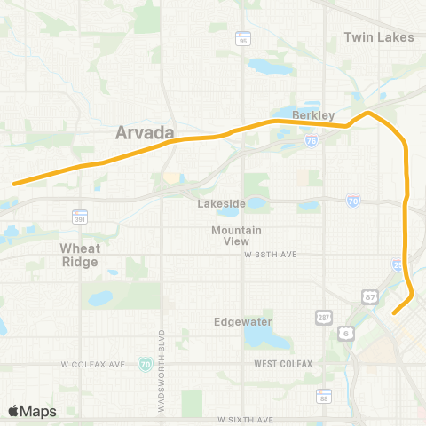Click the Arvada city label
(x=146, y=133)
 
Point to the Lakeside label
(x=221, y=203)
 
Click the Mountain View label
(x=236, y=236)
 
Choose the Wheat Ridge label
(x=80, y=255)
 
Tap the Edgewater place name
(x=236, y=321)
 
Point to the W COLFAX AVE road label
(x=95, y=364)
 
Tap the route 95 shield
(x=242, y=39)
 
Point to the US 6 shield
(x=344, y=332)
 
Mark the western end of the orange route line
(x=14, y=184)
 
